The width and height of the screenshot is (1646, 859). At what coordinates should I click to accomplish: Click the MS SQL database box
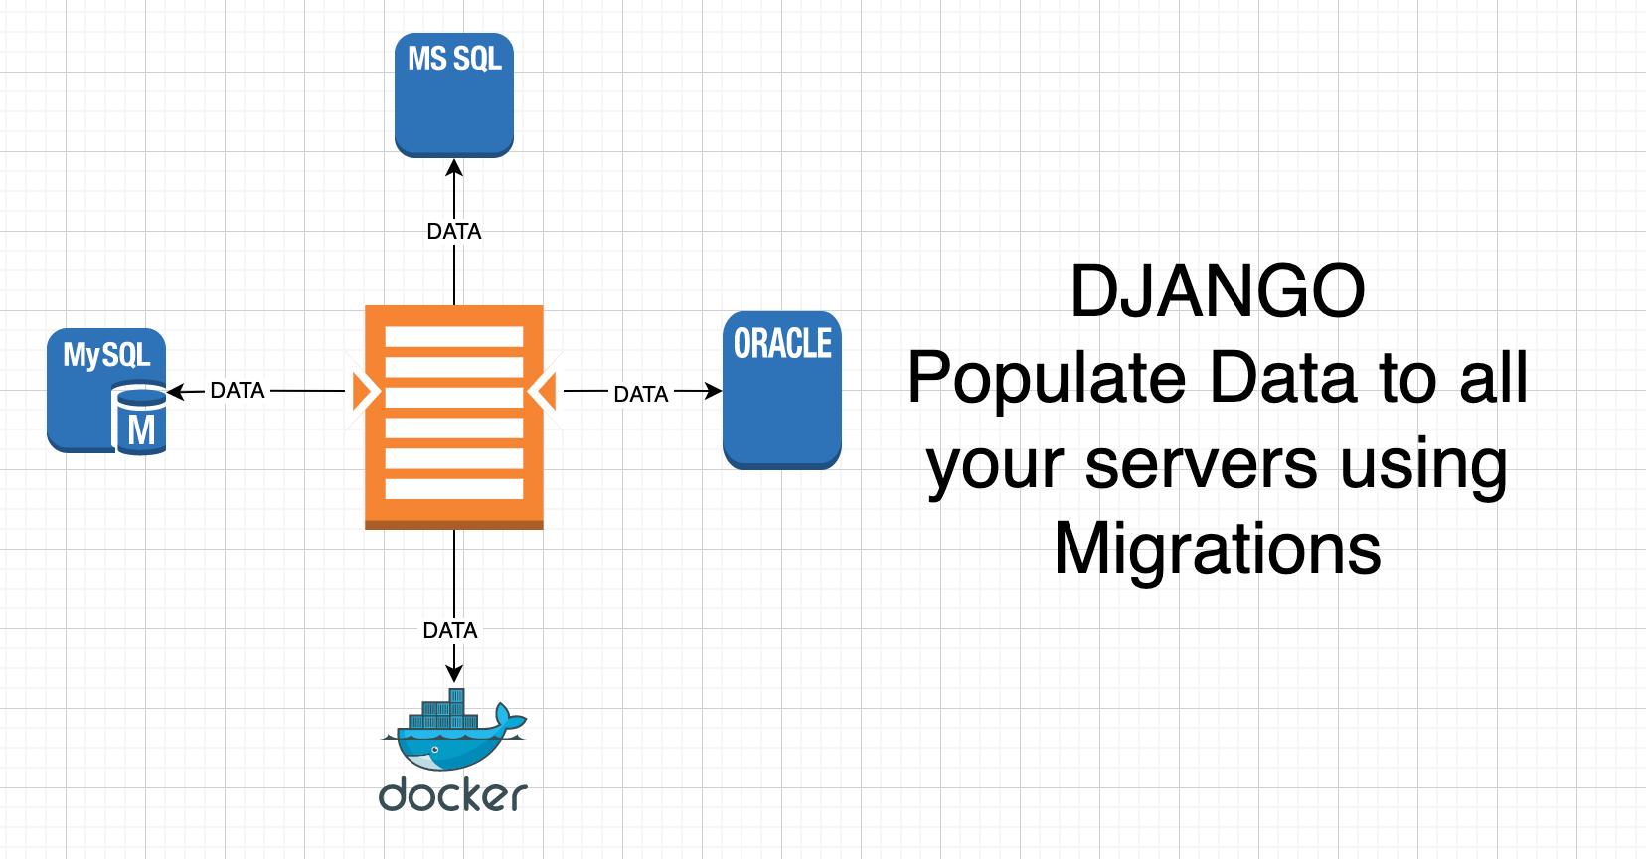(x=454, y=94)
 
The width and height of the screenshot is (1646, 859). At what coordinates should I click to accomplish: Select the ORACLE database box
(x=782, y=390)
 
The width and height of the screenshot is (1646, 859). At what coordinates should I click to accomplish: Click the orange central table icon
(x=454, y=417)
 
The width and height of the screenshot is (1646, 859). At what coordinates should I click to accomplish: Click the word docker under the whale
(x=453, y=795)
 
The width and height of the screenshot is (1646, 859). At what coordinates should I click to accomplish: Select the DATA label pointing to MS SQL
(x=454, y=231)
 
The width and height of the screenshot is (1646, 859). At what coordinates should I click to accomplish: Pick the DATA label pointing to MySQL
(x=238, y=391)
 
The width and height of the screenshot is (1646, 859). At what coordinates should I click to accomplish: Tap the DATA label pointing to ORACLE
(x=641, y=394)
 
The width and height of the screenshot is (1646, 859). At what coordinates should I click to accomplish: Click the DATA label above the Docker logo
(x=450, y=630)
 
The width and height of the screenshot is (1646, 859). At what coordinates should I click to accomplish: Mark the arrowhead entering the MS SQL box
(x=454, y=168)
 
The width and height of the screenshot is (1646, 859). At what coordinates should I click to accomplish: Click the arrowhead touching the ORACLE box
(x=713, y=391)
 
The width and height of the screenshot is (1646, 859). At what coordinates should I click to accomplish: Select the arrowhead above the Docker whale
(x=454, y=673)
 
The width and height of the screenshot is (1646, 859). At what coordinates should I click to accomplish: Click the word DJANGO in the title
(x=1218, y=292)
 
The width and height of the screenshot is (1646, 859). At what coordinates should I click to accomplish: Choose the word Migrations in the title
(x=1218, y=549)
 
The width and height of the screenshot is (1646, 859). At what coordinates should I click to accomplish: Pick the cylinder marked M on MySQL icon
(x=141, y=424)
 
